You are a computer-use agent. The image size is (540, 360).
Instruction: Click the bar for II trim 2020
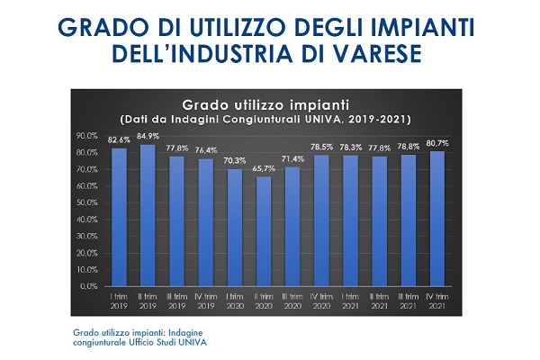coord(264,231)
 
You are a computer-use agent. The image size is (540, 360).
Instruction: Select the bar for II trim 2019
coord(148,215)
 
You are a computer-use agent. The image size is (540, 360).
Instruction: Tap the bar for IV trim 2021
coord(437,219)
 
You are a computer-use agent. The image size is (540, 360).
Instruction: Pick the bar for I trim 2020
coord(235,228)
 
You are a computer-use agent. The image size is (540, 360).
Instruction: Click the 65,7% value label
coord(264,169)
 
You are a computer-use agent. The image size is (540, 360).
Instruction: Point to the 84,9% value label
coord(148,137)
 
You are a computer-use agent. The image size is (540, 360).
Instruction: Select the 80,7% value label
coord(437,143)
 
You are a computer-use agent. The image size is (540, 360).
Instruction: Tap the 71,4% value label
coord(292,159)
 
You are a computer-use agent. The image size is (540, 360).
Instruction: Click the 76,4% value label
coord(206,150)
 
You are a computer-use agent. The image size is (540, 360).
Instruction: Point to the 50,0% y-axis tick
coord(86,202)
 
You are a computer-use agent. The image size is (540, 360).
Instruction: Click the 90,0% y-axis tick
coord(86,136)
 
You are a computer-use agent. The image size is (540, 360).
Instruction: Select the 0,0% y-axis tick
coord(89,286)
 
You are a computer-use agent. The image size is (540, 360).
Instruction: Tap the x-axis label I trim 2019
coord(119,301)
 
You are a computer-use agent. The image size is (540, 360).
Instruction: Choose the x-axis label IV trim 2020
coord(321,301)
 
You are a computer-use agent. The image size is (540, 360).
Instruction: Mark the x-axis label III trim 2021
coord(409,301)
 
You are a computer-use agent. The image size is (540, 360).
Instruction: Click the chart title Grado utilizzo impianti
coord(265,104)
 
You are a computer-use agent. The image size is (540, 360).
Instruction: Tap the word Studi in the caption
coord(167,342)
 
